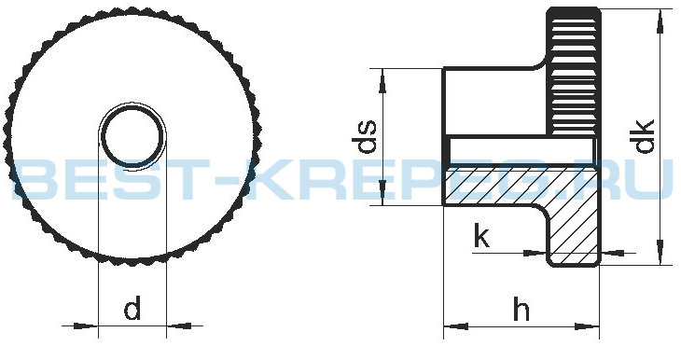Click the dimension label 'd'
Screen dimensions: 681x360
click(x=132, y=308)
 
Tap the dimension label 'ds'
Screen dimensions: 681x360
click(x=364, y=137)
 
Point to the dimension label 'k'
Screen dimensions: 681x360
click(x=481, y=236)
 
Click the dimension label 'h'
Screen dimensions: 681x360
click(x=521, y=309)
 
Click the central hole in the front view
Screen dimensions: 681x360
click(x=132, y=135)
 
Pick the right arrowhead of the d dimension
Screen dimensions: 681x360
click(x=178, y=325)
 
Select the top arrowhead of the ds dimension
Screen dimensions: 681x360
click(x=382, y=81)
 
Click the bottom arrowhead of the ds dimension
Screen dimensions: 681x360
click(x=382, y=192)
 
